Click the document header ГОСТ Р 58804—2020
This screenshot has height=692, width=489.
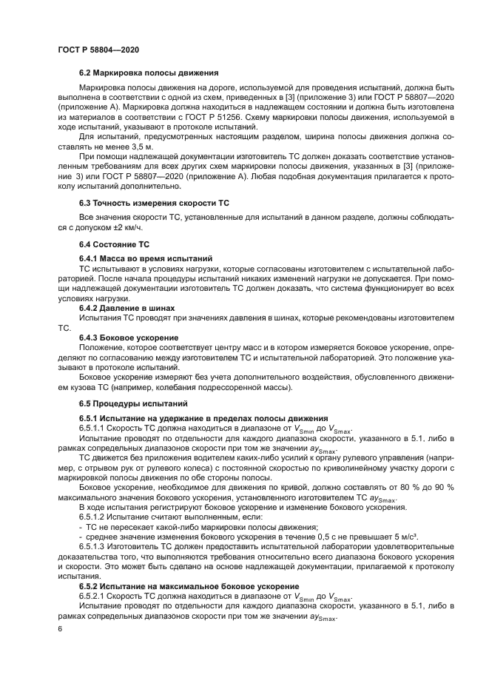pos(98,50)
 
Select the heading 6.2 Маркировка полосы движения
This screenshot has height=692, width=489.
pos(148,73)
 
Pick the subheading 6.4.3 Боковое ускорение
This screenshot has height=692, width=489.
pos(127,336)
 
